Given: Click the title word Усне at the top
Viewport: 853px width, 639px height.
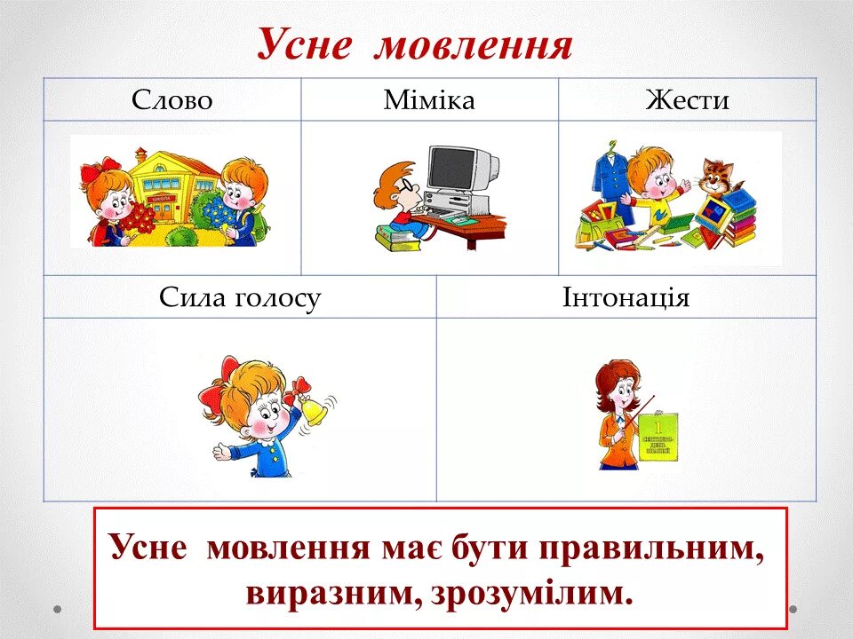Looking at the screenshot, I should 305,44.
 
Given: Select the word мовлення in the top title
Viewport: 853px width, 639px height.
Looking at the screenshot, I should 473,44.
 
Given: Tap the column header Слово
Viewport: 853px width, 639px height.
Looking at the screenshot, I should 172,100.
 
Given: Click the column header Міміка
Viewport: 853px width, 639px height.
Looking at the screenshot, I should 429,100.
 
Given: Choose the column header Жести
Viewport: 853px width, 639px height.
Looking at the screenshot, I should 687,100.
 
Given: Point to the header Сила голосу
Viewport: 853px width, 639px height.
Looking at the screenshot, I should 240,297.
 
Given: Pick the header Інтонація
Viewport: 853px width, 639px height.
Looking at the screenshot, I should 626,297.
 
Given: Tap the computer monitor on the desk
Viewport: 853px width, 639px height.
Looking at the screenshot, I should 459,170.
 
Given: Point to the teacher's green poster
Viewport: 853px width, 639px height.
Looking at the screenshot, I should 658,436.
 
